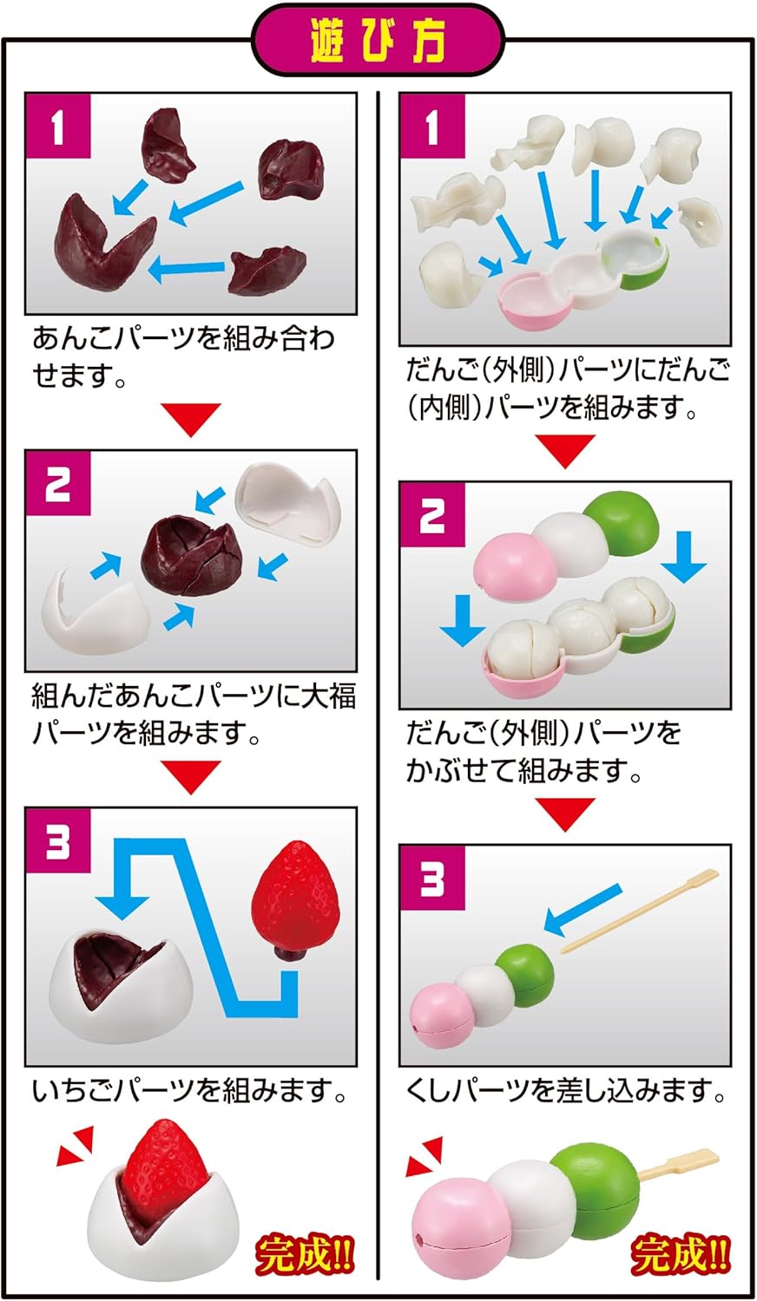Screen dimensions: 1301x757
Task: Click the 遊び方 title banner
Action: point(378,40)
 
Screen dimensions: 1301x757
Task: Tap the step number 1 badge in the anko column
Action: point(58,127)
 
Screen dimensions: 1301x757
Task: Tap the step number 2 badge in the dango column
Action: point(432,516)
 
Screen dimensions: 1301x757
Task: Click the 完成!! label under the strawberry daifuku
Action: point(305,1255)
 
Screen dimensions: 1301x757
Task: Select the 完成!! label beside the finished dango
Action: point(681,1255)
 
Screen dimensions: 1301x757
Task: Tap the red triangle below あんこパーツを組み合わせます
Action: point(191,420)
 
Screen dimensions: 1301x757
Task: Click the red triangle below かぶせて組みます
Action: point(564,813)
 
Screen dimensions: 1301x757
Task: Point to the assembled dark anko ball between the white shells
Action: point(189,556)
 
